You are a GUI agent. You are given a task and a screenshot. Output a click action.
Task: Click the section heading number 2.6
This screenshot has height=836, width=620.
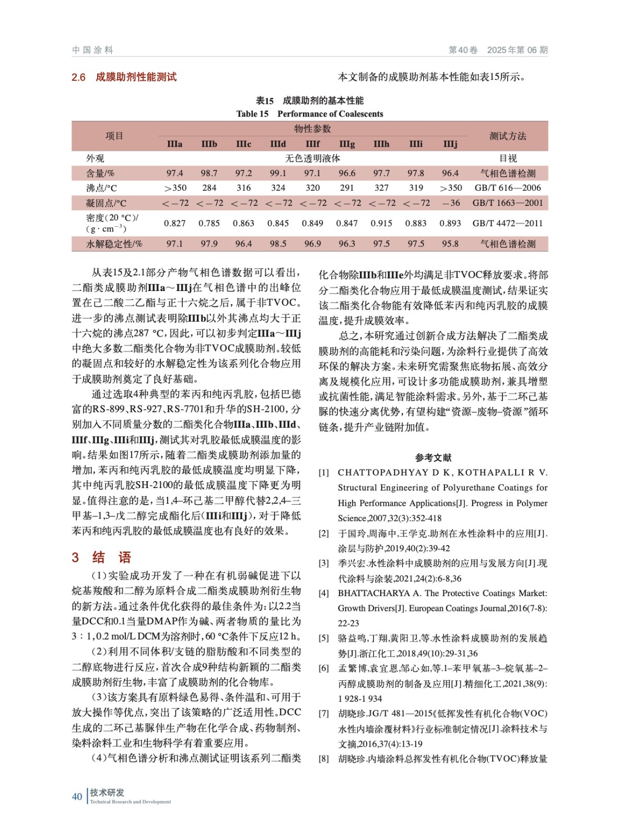pos(78,77)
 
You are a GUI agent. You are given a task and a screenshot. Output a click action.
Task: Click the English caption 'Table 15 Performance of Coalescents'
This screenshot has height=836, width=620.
pos(309,114)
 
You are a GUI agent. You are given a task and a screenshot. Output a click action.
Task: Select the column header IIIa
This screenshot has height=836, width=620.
pos(174,144)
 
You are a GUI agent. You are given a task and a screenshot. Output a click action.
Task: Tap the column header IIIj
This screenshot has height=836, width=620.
pos(450,144)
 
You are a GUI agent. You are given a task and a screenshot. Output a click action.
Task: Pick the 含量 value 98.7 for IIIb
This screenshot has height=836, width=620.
pos(209,173)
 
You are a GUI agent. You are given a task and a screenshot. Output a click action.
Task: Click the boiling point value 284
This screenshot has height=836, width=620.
pos(209,188)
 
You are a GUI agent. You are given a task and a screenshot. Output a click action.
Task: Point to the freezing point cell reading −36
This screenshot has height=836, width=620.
pos(450,203)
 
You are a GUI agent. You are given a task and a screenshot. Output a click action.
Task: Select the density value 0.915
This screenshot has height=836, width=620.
pos(381,223)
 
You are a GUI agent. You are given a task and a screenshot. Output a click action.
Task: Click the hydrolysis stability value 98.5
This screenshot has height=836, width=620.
pos(278,243)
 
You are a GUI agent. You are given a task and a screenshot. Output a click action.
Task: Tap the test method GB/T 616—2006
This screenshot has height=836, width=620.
pos(508,188)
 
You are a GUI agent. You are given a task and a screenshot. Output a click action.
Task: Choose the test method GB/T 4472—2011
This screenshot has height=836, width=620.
pos(508,223)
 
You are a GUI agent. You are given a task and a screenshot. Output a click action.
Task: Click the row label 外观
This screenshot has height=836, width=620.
pos(95,158)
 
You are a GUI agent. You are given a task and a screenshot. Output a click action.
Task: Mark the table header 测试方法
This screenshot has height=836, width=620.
pos(508,136)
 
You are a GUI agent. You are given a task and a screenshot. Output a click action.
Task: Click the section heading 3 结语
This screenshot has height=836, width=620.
pos(101,557)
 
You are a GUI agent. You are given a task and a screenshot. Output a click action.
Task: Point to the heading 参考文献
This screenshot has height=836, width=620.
pos(433,458)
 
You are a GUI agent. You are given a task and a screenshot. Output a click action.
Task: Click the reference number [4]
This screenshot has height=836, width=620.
pos(324,593)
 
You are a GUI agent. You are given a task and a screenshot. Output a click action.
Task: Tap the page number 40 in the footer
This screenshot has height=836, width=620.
pos(77,796)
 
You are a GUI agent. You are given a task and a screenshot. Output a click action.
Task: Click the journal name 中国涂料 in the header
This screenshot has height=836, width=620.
pos(92,50)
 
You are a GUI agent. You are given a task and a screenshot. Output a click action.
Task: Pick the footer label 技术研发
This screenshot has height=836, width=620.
pos(107,792)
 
